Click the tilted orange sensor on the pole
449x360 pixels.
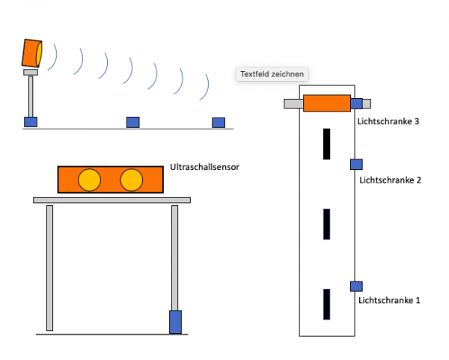32,53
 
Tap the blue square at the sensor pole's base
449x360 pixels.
31,122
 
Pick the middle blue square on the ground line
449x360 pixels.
132,122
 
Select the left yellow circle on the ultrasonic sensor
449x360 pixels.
90,180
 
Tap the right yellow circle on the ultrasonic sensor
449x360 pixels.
131,180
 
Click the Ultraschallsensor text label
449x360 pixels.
205,168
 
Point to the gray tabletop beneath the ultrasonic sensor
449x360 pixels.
112,200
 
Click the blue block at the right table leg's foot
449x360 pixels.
175,322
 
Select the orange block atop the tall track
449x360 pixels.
326,104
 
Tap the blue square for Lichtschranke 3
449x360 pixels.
357,104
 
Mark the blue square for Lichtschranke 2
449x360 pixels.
356,164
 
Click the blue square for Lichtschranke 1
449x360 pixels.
356,285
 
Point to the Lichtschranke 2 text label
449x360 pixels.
391,180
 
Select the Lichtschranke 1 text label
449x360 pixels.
389,300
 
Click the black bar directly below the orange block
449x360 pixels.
326,144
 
